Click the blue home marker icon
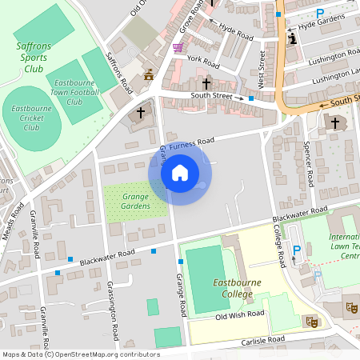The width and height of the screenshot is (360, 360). [x=180, y=172]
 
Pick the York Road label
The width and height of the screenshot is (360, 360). [x=202, y=60]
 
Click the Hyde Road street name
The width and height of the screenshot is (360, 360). [x=235, y=32]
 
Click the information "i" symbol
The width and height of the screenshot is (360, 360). [x=292, y=38]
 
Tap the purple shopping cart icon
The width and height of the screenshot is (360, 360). [x=177, y=48]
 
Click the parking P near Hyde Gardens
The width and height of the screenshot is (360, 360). [x=320, y=14]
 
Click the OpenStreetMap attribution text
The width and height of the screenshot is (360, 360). [x=80, y=354]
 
